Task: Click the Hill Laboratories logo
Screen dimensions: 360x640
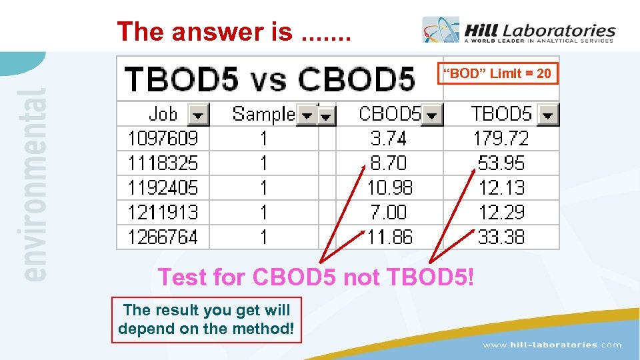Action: (519, 31)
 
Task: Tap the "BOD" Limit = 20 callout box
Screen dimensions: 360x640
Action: (497, 73)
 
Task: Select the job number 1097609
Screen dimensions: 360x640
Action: (163, 139)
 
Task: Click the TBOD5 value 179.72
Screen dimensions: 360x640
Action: (501, 139)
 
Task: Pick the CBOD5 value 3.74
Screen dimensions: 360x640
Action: (389, 139)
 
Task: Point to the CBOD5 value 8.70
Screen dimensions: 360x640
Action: (389, 163)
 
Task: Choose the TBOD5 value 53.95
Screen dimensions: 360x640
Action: (501, 163)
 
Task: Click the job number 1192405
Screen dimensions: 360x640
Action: (163, 188)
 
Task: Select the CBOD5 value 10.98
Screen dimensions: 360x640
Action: (390, 188)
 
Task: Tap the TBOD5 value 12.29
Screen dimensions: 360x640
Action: (501, 213)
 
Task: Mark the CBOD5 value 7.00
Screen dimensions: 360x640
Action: (389, 213)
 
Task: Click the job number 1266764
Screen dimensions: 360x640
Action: (163, 237)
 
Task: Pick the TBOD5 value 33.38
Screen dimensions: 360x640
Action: (501, 237)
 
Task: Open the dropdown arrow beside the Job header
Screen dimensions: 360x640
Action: (199, 115)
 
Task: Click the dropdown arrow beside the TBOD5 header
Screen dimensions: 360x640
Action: (548, 115)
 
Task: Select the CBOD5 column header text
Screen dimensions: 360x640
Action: (389, 114)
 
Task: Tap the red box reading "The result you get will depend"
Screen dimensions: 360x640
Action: (207, 319)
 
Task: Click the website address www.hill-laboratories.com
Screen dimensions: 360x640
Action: (552, 345)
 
